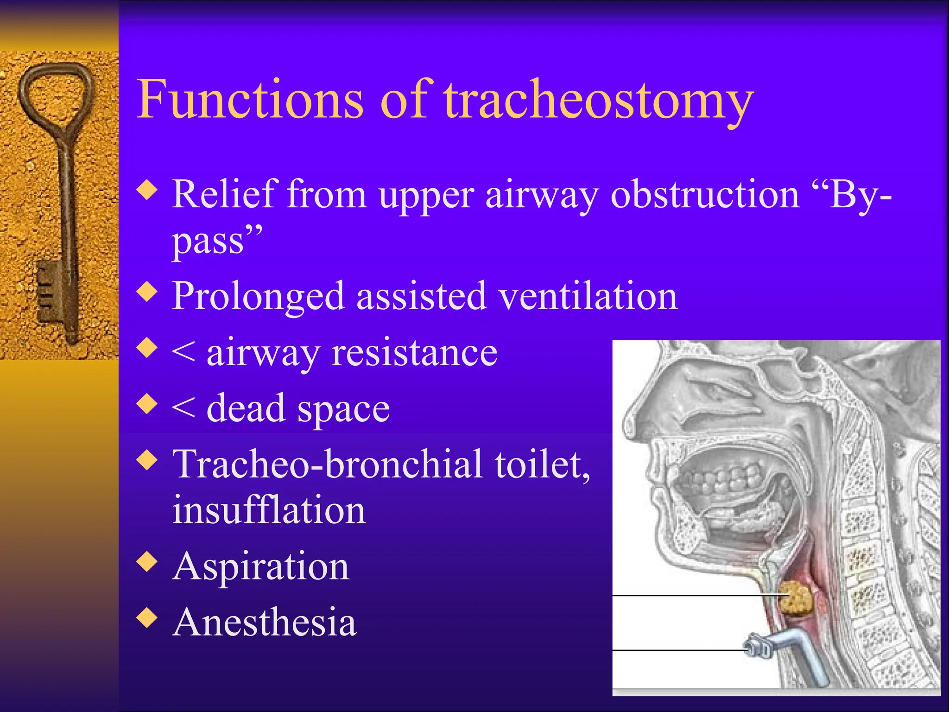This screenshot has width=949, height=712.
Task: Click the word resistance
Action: (x=414, y=353)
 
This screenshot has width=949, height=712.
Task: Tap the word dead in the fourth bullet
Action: (x=245, y=408)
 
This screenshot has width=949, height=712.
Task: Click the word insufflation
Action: (x=269, y=510)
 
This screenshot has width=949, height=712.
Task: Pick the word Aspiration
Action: (x=261, y=566)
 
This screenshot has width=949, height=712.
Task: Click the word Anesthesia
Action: (x=264, y=622)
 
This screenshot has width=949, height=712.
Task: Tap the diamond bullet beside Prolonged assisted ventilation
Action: (x=147, y=292)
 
